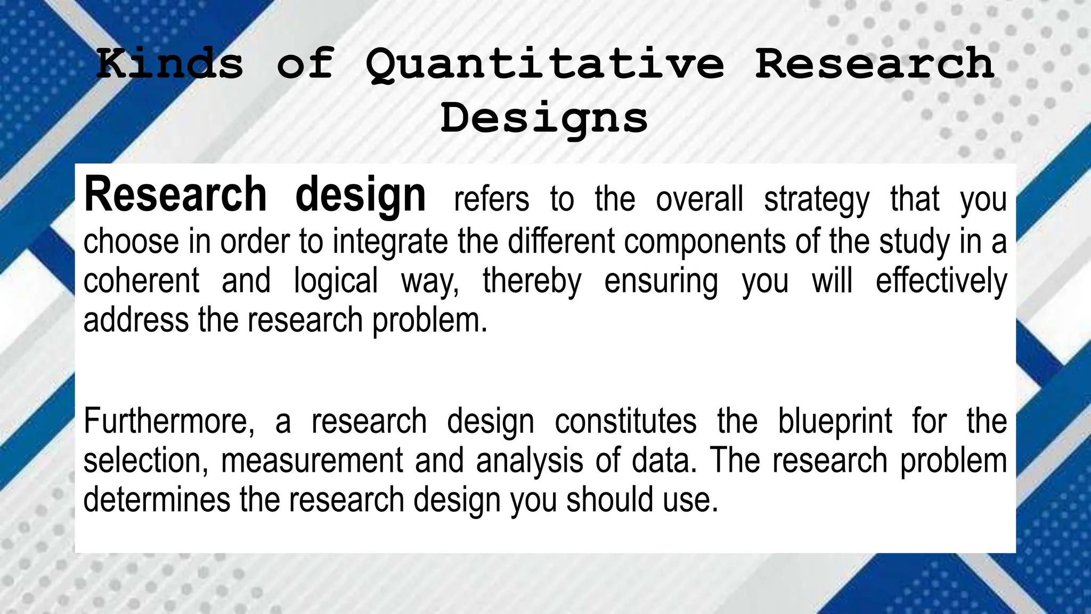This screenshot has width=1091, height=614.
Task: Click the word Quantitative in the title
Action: [x=544, y=64]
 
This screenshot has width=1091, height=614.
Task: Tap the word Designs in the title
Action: [x=544, y=118]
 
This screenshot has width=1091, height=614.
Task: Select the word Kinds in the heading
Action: [x=170, y=64]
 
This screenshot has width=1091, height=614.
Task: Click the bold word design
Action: [x=360, y=195]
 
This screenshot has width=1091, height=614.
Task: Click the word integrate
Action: [x=390, y=241]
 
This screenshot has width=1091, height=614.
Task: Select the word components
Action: [x=704, y=241]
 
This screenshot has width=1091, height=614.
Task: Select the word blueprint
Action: [x=834, y=421]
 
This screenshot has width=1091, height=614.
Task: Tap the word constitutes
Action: [x=625, y=421]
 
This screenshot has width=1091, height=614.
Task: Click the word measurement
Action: [x=312, y=461]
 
